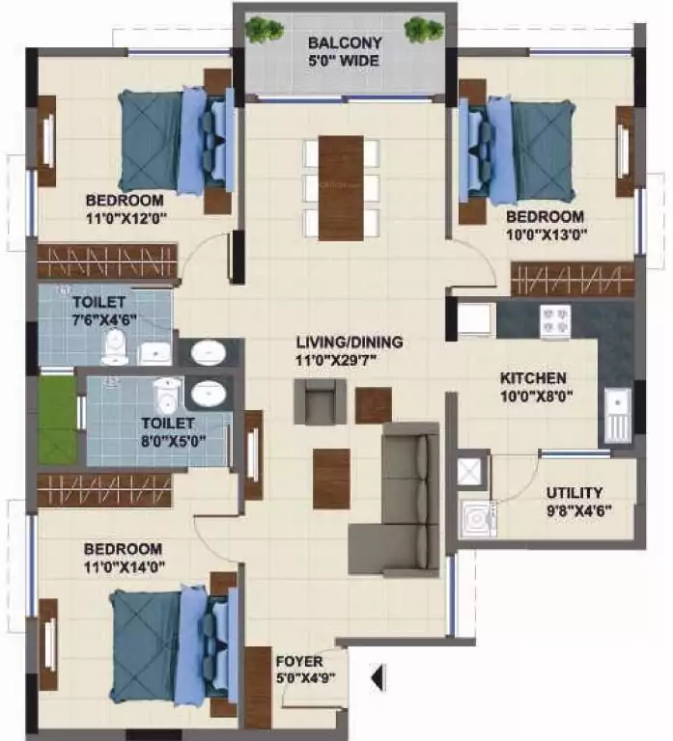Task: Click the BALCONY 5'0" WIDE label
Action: click(345, 52)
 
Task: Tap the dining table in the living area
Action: click(340, 187)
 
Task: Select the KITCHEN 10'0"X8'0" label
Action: click(533, 386)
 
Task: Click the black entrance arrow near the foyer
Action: click(379, 677)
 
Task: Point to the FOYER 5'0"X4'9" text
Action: click(299, 670)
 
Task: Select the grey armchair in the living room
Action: click(320, 401)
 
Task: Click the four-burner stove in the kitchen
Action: click(554, 321)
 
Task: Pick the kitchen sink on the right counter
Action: click(615, 413)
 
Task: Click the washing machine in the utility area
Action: click(476, 520)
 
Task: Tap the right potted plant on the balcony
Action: click(423, 29)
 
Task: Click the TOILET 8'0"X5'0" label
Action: click(167, 430)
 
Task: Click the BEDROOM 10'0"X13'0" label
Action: click(545, 225)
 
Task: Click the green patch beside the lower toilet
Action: click(56, 420)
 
